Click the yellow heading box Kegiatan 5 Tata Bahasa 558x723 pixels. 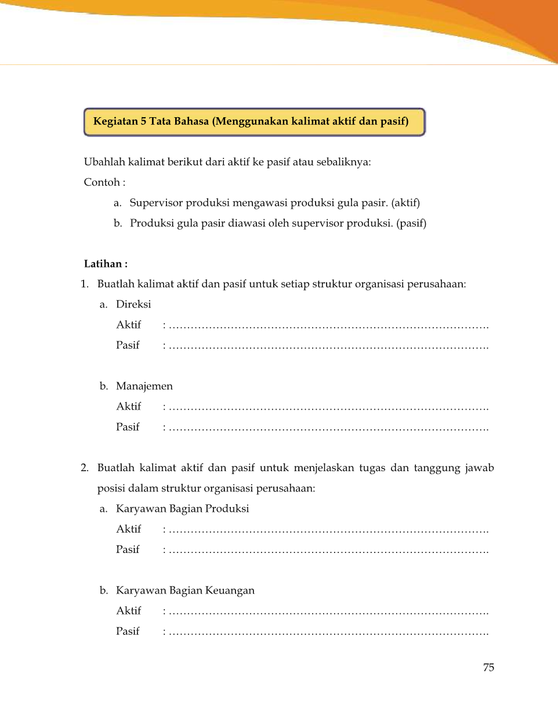[x=254, y=122]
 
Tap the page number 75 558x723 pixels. [x=488, y=667]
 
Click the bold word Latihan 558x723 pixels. [x=103, y=264]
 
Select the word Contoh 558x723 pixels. [x=102, y=182]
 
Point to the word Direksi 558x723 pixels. [x=133, y=304]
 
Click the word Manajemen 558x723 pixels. [x=144, y=386]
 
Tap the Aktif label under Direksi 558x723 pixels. [x=129, y=325]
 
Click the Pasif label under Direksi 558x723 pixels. [x=128, y=345]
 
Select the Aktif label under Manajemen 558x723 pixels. [x=129, y=407]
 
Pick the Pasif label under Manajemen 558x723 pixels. [x=128, y=427]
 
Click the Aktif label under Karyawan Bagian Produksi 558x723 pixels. [x=129, y=529]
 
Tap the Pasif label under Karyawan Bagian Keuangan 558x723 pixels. [x=128, y=631]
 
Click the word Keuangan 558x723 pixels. [x=230, y=591]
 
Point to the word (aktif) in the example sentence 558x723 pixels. [x=405, y=203]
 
